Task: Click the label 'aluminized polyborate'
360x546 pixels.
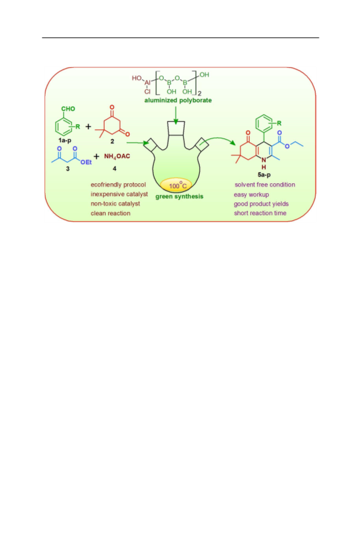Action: pos(178,100)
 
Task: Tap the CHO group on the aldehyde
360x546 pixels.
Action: pos(68,109)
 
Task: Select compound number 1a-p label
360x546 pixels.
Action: pos(65,140)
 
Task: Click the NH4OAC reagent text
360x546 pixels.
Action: pos(117,156)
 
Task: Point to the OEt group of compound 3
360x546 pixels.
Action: pos(86,162)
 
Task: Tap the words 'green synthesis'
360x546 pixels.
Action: pos(179,196)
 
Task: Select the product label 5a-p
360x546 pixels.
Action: pos(264,175)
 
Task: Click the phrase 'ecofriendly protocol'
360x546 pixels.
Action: pos(118,184)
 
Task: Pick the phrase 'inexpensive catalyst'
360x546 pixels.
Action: pos(119,194)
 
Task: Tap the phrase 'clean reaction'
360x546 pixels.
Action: pos(111,213)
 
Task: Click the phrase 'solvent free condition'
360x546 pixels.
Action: pos(265,184)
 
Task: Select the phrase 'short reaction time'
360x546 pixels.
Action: pos(260,213)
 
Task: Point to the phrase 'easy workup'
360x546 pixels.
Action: pos(251,194)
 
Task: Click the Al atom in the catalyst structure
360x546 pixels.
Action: pos(148,83)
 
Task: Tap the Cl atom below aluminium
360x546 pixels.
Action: pos(147,92)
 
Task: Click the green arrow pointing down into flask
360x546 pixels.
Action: pos(176,115)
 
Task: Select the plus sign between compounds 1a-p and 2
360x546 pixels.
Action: pos(88,127)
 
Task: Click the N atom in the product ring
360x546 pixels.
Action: pos(264,160)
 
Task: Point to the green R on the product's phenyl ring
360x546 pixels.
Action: pos(279,123)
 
